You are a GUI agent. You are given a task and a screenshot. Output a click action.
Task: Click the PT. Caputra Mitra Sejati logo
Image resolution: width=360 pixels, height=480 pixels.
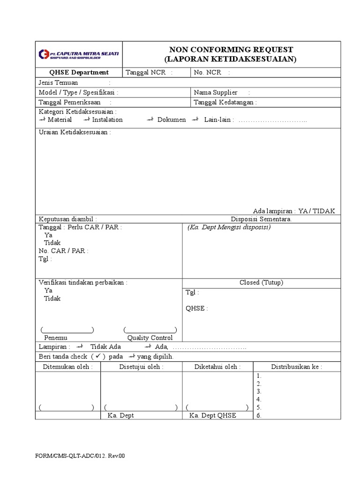[78, 54]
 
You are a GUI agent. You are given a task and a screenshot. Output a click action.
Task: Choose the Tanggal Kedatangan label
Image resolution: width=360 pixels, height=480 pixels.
[225, 102]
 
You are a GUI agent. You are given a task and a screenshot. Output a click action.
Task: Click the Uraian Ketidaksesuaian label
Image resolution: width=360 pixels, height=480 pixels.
[75, 132]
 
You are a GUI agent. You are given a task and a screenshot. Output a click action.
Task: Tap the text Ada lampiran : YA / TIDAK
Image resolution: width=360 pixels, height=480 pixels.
[294, 211]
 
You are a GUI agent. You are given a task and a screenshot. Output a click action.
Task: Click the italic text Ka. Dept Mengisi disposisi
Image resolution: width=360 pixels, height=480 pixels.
[229, 227]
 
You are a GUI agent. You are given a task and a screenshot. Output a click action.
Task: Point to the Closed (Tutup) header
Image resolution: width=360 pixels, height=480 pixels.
[261, 283]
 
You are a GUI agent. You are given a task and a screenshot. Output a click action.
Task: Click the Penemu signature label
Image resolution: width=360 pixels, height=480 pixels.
[56, 337]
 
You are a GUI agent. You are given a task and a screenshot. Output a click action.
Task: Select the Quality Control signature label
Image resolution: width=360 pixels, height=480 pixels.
[150, 337]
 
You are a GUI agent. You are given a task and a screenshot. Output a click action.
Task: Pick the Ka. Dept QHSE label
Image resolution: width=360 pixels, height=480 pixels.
[213, 415]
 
